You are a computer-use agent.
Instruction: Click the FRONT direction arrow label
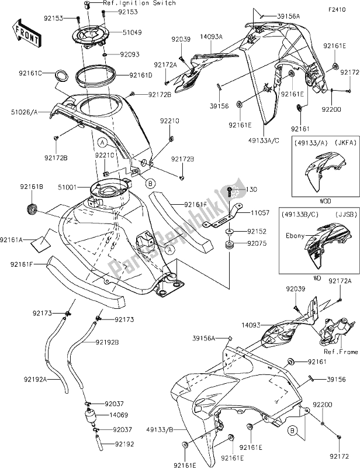(27, 35)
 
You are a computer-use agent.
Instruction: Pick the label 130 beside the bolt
(251, 190)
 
